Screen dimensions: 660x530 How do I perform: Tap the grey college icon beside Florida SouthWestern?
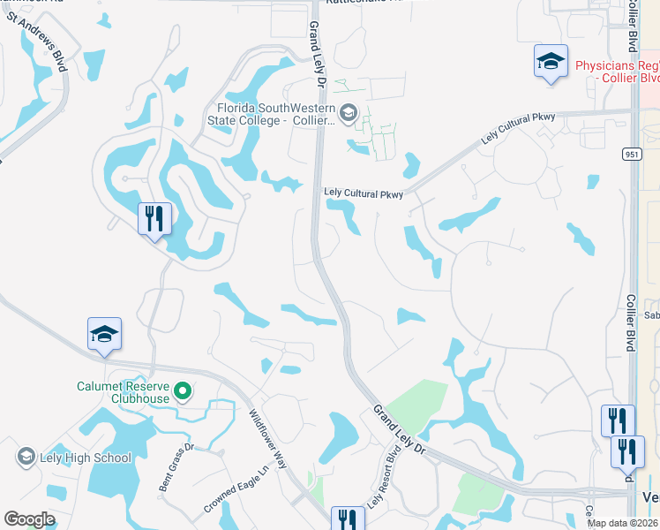[349, 111]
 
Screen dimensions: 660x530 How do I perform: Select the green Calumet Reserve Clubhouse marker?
[183, 390]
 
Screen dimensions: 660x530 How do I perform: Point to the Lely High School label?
[86, 458]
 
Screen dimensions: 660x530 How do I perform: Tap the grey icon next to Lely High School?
[25, 457]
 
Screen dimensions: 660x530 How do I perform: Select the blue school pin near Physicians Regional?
[551, 63]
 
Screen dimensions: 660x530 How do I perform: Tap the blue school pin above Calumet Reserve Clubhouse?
[104, 335]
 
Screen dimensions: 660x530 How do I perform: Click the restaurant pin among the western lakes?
[154, 218]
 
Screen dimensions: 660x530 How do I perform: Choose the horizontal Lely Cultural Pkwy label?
[364, 193]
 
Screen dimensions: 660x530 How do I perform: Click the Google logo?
[29, 519]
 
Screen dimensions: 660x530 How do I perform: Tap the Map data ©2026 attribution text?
[623, 523]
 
